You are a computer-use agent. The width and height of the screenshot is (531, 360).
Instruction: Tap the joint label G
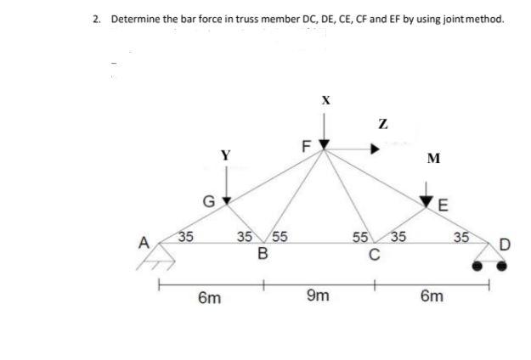coord(207,201)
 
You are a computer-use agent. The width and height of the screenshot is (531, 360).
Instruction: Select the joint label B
coord(263,253)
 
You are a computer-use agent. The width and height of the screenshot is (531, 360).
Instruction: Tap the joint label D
coord(506,246)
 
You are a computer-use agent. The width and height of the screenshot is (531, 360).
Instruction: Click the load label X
coord(325,100)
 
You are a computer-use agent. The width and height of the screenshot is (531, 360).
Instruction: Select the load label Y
coord(225,155)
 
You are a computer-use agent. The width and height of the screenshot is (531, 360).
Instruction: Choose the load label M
coord(434,159)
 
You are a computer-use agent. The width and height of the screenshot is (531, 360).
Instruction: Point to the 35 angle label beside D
coord(462,237)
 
